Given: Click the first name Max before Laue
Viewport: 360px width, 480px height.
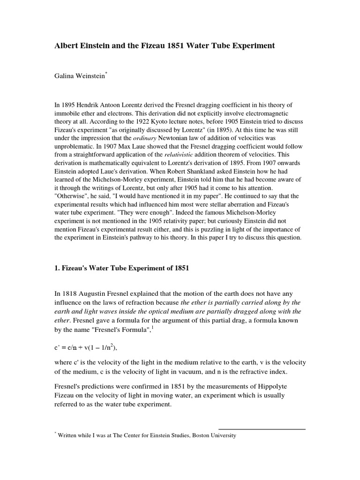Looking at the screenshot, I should pyautogui.click(x=250, y=147).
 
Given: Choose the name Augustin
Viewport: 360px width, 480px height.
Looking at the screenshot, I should pyautogui.click(x=96, y=294).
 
